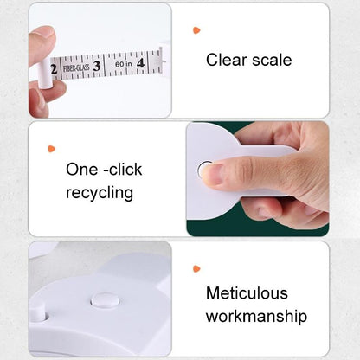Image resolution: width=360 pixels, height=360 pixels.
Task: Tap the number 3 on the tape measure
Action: pyautogui.click(x=97, y=65)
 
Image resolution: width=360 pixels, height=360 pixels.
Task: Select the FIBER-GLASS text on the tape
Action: pyautogui.click(x=74, y=67)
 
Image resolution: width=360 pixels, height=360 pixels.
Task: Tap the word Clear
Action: pyautogui.click(x=226, y=60)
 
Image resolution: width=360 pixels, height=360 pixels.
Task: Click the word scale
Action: pyautogui.click(x=270, y=60)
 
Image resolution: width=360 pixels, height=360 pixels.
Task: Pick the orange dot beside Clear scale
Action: pyautogui.click(x=196, y=30)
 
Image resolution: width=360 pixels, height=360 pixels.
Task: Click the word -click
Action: pyautogui.click(x=124, y=170)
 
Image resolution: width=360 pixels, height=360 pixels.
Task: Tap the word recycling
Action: pyautogui.click(x=100, y=192)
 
